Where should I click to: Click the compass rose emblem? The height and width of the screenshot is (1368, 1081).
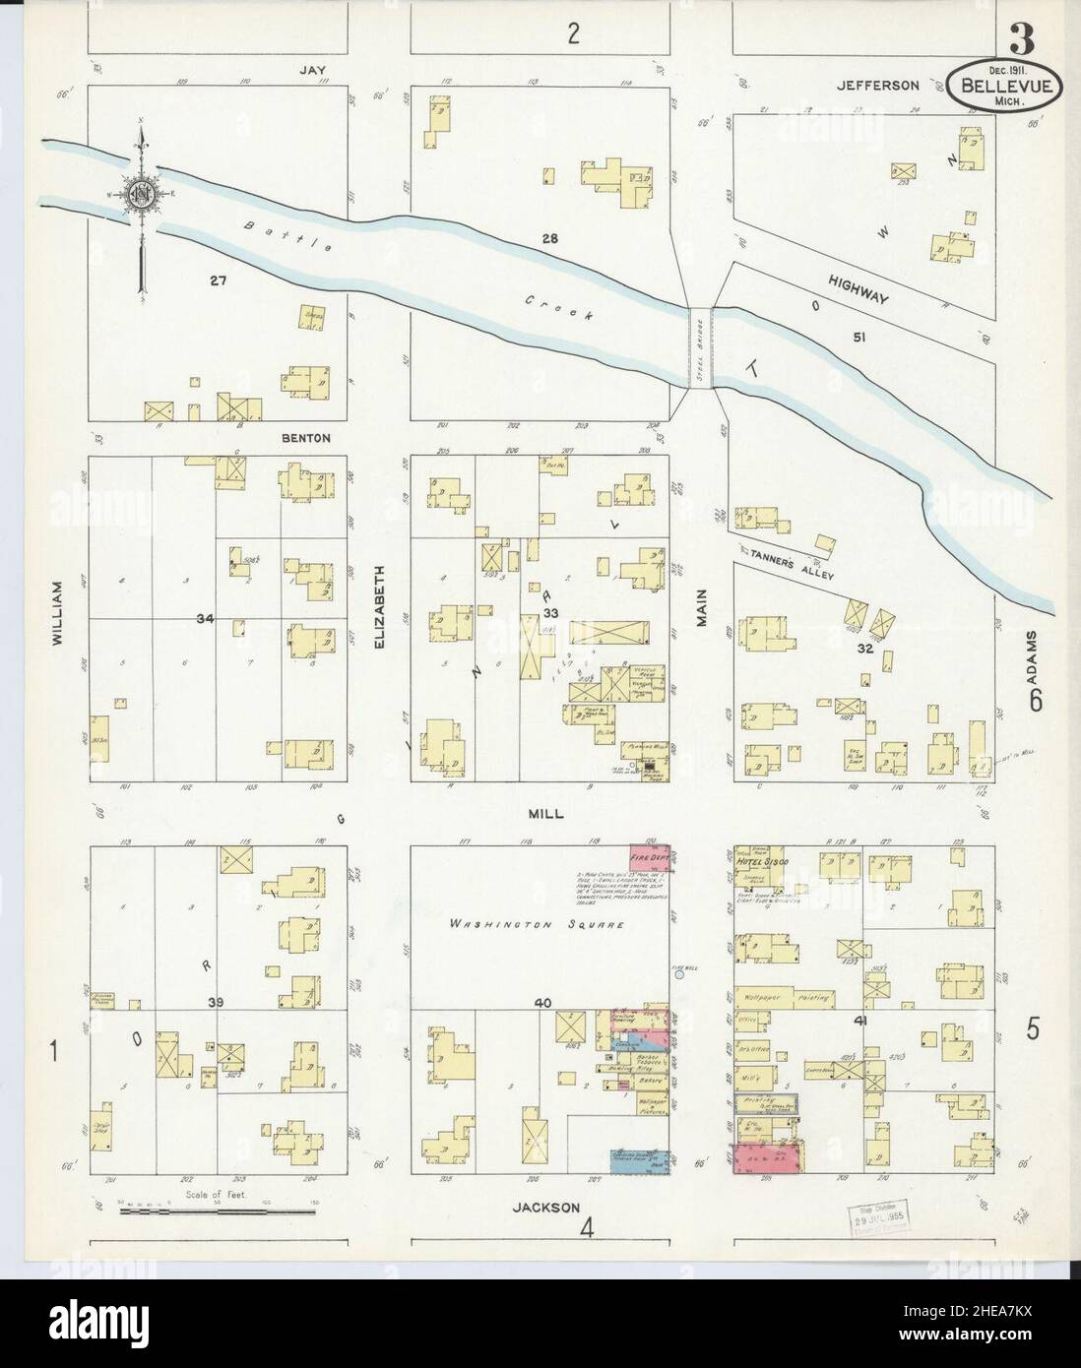click(x=141, y=191)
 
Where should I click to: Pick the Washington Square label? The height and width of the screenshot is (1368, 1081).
click(x=535, y=924)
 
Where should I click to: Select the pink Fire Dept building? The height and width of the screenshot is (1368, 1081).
click(x=650, y=856)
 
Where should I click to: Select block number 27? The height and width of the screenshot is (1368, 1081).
click(x=218, y=280)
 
